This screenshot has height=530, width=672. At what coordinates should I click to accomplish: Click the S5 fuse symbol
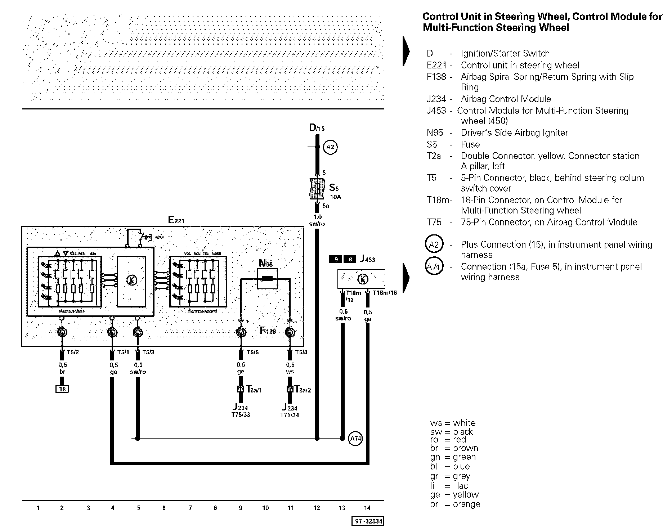click(317, 189)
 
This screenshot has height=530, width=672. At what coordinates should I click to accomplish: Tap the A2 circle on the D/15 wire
click(330, 147)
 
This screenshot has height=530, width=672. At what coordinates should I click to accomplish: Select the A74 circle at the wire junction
click(355, 438)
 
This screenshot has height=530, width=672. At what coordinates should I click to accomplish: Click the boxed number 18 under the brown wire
click(62, 389)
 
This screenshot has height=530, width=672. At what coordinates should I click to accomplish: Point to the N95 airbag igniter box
click(267, 278)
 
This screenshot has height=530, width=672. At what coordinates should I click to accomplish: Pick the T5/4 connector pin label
click(301, 352)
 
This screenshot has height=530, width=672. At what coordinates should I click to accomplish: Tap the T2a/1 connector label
click(254, 389)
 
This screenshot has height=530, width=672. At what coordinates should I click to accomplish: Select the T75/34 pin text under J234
click(290, 415)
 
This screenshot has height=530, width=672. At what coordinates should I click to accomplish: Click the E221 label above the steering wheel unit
click(176, 220)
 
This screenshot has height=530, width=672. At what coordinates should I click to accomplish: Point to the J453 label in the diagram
click(367, 259)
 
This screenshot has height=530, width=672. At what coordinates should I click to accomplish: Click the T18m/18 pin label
click(385, 293)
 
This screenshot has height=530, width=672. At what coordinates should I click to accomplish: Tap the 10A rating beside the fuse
click(335, 197)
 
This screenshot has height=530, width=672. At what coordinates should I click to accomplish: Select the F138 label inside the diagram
click(268, 331)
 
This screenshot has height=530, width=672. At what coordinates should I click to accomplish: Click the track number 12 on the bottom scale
click(317, 508)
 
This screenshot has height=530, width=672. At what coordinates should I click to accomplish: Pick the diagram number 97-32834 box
click(368, 521)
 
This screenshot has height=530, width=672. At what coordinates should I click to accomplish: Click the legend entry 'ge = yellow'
click(454, 495)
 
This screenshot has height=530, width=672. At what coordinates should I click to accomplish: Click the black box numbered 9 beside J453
click(336, 259)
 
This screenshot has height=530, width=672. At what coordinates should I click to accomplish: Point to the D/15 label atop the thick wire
click(317, 127)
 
